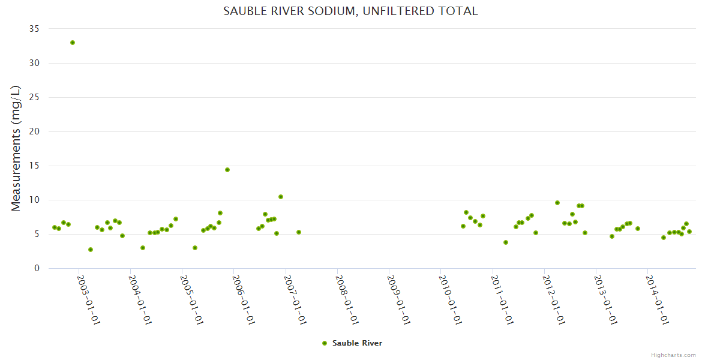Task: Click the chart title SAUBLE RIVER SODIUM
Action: click(350, 11)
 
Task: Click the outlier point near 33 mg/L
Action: click(73, 43)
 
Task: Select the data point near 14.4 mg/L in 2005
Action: click(227, 170)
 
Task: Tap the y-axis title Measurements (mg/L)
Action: click(16, 148)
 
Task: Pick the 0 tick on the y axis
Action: click(37, 268)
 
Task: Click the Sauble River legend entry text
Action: click(357, 343)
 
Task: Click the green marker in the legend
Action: click(325, 343)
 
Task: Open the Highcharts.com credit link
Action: click(673, 355)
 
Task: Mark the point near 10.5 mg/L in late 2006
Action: click(281, 197)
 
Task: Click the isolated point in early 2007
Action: click(299, 232)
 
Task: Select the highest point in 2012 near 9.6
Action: click(557, 203)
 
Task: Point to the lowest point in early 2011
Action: click(506, 242)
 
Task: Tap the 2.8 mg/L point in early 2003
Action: click(91, 250)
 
